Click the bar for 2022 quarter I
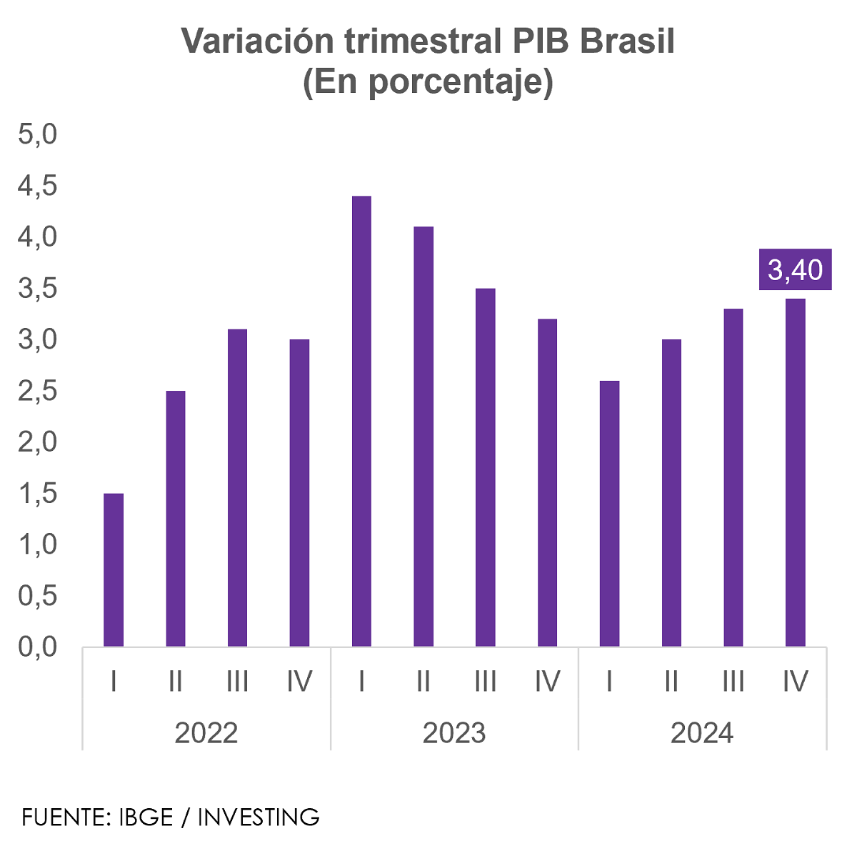tap(114, 569)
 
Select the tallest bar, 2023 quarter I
tap(361, 421)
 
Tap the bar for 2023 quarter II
tap(424, 436)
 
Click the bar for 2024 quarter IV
tap(795, 472)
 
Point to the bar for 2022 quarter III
tap(237, 487)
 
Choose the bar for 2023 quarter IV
tap(547, 482)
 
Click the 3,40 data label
tap(795, 270)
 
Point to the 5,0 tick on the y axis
tap(37, 134)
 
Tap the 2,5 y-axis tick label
tap(37, 391)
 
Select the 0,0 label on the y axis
tap(37, 647)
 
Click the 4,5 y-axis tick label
tap(37, 186)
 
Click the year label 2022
tap(206, 733)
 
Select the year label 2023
tap(453, 733)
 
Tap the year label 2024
tap(701, 733)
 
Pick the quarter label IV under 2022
tap(299, 682)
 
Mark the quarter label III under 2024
tap(733, 682)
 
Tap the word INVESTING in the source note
tap(259, 817)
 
